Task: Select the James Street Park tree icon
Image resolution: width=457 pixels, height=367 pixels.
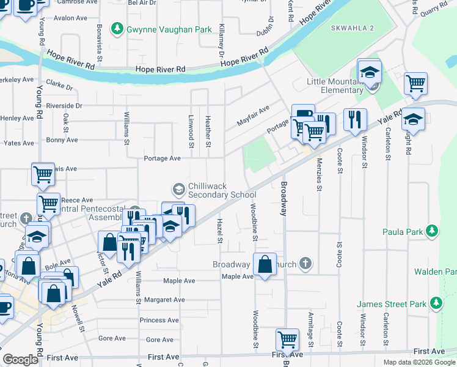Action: coord(436,303)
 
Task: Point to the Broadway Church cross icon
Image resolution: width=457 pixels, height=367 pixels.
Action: coord(305,264)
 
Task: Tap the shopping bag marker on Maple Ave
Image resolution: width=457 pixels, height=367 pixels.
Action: coord(265,265)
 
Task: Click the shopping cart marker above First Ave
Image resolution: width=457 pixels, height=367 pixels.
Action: coord(287,339)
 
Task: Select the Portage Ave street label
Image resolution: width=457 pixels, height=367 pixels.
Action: coord(162,158)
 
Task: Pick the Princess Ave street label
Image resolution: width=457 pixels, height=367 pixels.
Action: coord(159,320)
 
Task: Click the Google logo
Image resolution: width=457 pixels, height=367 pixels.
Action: coord(20,360)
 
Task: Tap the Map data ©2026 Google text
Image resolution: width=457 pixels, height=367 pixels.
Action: coord(419,362)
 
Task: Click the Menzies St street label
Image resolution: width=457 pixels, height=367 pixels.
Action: coord(319,174)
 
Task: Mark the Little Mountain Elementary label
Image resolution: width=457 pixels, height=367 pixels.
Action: coord(334,86)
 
